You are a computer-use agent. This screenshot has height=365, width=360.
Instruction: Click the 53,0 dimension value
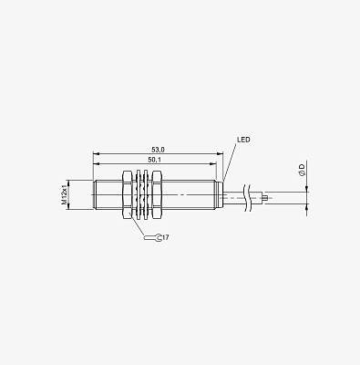click(158, 150)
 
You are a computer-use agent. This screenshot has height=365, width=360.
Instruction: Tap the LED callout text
click(243, 140)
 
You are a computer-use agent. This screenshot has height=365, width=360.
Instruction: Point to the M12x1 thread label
click(64, 194)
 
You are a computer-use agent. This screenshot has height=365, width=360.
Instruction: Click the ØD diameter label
click(302, 170)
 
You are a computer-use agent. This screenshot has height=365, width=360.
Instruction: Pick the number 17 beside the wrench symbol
click(165, 237)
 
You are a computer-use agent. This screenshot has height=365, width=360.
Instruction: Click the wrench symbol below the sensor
click(153, 237)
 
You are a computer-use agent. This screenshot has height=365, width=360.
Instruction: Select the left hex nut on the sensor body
click(128, 195)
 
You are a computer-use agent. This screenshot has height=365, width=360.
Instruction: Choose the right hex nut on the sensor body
click(156, 195)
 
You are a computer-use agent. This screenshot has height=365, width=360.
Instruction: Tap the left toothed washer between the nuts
click(139, 195)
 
